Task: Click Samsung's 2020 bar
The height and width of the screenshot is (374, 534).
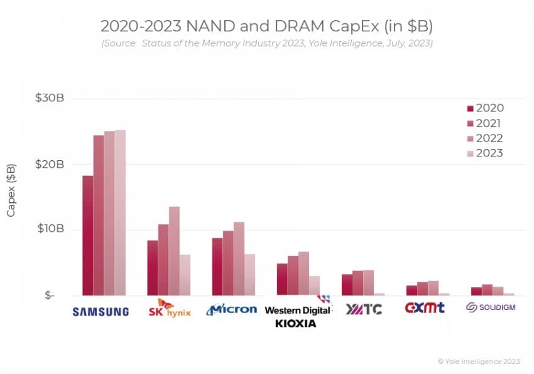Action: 88,236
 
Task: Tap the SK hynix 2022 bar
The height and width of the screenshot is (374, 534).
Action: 174,251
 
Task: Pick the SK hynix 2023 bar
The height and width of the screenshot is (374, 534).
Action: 185,275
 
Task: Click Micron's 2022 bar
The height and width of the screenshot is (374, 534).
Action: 239,258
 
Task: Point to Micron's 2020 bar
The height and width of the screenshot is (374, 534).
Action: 217,267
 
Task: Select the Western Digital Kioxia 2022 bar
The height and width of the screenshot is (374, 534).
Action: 303,273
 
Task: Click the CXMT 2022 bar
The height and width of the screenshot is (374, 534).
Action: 433,288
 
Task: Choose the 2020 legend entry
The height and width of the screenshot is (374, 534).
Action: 484,108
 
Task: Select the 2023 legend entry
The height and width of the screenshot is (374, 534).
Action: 484,153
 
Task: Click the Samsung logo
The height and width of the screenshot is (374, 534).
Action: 101,311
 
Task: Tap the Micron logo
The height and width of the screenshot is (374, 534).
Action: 232,309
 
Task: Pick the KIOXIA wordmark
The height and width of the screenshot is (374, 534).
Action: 295,323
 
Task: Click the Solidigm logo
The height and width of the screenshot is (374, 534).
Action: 491,307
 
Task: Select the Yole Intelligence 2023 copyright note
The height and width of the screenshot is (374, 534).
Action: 479,361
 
